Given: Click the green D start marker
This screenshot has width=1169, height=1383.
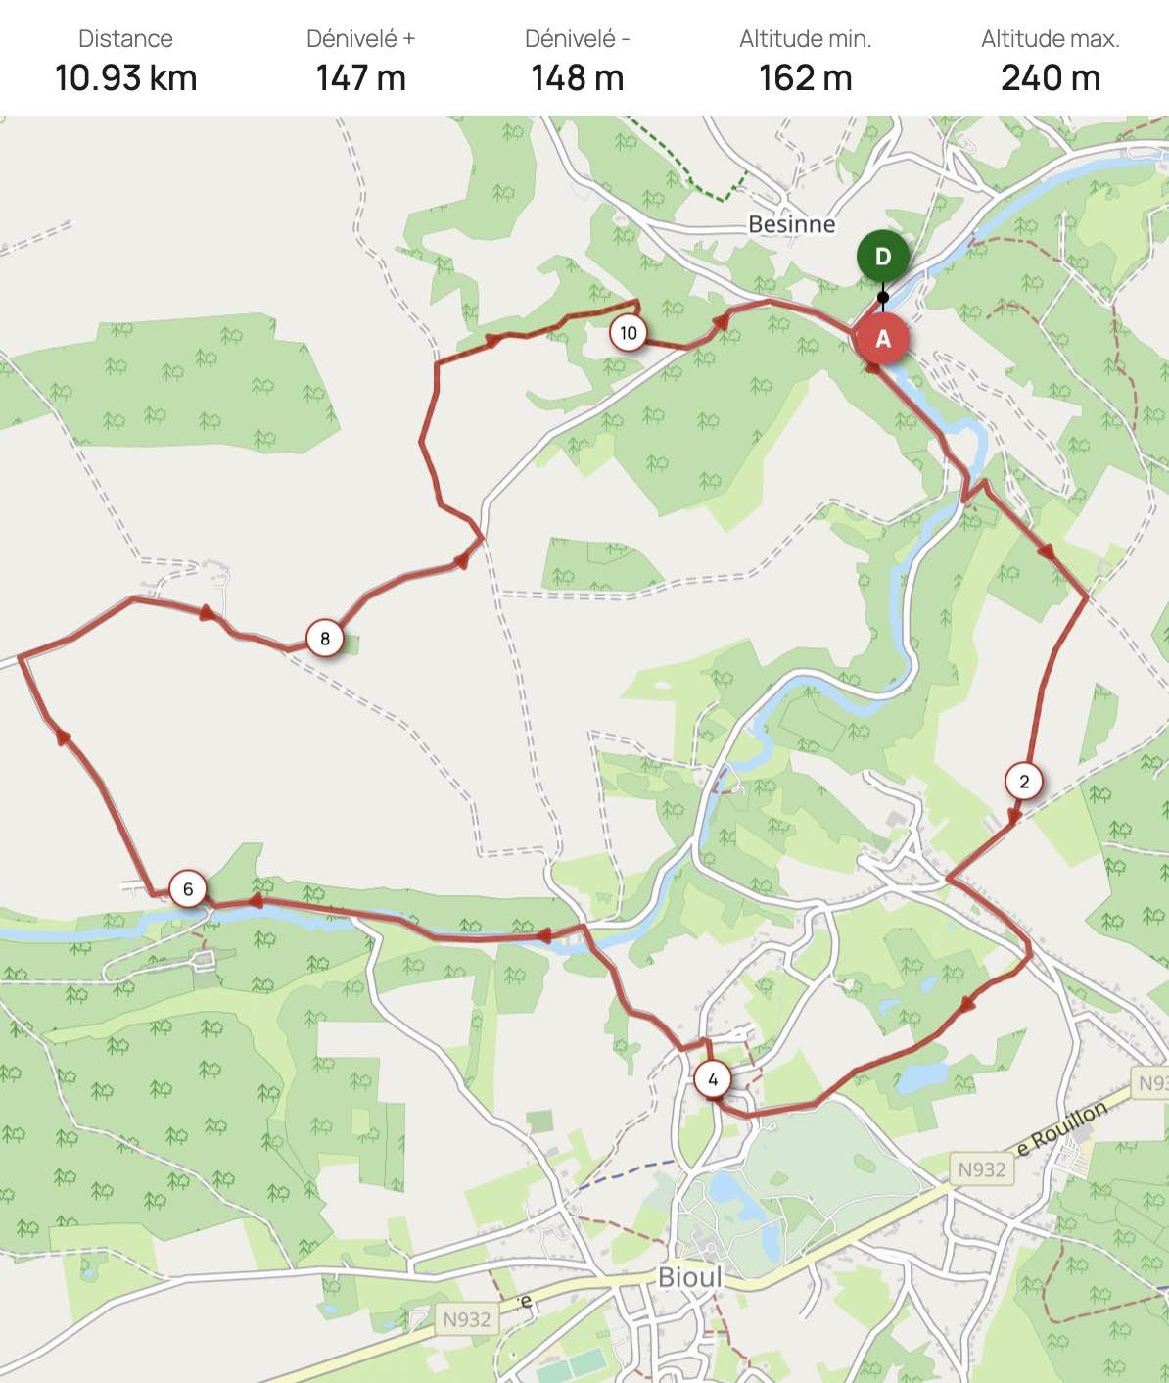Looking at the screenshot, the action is pyautogui.click(x=882, y=257).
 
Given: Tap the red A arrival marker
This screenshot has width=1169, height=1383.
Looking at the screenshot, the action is pyautogui.click(x=882, y=339).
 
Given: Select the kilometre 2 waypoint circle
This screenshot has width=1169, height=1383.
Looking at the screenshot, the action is pyautogui.click(x=1024, y=782).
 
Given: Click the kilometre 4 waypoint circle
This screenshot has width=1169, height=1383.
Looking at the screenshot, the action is pyautogui.click(x=713, y=1079).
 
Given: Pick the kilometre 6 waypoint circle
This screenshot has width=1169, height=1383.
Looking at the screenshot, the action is pyautogui.click(x=188, y=889).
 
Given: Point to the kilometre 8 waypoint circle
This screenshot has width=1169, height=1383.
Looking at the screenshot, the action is pyautogui.click(x=325, y=639).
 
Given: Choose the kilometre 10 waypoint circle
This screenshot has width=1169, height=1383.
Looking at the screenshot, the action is pyautogui.click(x=629, y=333).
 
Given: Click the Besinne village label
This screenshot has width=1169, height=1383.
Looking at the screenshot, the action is pyautogui.click(x=791, y=224).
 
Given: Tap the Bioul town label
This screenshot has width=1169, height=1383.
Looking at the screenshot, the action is pyautogui.click(x=689, y=1277).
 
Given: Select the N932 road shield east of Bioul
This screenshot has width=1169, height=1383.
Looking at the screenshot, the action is pyautogui.click(x=981, y=1169).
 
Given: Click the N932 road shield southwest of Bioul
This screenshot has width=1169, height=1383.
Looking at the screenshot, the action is pyautogui.click(x=466, y=1319).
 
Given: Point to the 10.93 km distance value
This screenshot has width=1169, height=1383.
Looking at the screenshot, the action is pyautogui.click(x=125, y=78).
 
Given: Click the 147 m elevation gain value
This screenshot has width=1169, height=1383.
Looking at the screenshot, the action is pyautogui.click(x=360, y=78).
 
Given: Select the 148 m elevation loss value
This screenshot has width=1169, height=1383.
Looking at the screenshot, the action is pyautogui.click(x=577, y=78).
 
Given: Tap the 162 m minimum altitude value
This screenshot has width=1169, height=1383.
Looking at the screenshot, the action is pyautogui.click(x=805, y=78).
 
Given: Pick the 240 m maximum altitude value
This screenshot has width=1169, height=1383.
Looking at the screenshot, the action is pyautogui.click(x=1050, y=78).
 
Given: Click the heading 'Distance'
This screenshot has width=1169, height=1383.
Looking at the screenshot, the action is pyautogui.click(x=125, y=39).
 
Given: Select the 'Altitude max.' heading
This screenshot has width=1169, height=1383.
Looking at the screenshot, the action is pyautogui.click(x=1050, y=39).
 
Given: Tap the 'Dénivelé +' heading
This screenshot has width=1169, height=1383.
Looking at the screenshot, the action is pyautogui.click(x=360, y=39).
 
